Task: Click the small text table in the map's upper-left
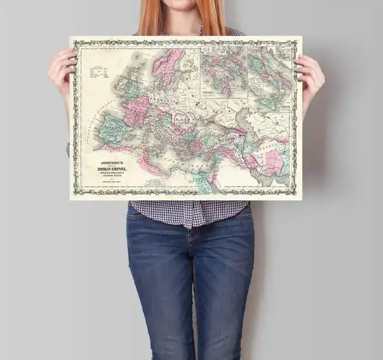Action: [x=100, y=71]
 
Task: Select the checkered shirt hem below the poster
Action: [x=188, y=212]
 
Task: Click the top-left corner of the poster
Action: [x=70, y=37]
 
